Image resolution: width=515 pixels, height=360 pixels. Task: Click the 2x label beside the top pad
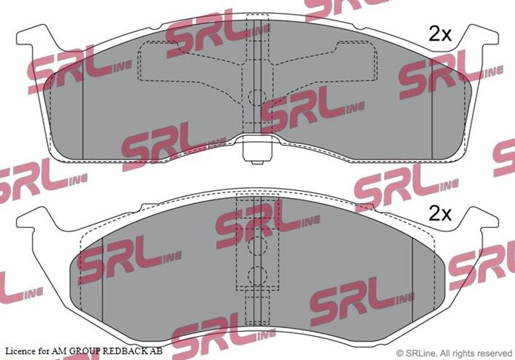(441, 34)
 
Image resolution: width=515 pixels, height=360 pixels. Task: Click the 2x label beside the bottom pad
(441, 214)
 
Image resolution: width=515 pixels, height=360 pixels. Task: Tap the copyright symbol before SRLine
(400, 353)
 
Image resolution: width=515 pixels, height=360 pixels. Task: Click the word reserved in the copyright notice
(495, 353)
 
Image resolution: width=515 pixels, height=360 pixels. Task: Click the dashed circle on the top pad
(257, 97)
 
